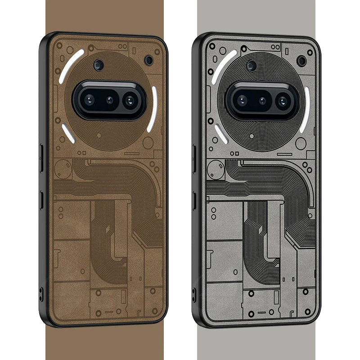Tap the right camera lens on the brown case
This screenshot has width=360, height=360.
pyautogui.click(x=130, y=100)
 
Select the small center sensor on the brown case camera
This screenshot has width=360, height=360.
pyautogui.click(x=110, y=99)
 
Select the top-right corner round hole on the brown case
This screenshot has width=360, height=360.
pyautogui.click(x=148, y=60)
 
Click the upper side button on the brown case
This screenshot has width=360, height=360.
pyautogui.click(x=41, y=157)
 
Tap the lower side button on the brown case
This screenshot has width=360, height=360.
pyautogui.click(x=41, y=200)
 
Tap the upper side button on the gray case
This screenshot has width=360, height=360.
pyautogui.click(x=194, y=158)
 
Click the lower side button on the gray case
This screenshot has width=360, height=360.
pyautogui.click(x=194, y=201)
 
